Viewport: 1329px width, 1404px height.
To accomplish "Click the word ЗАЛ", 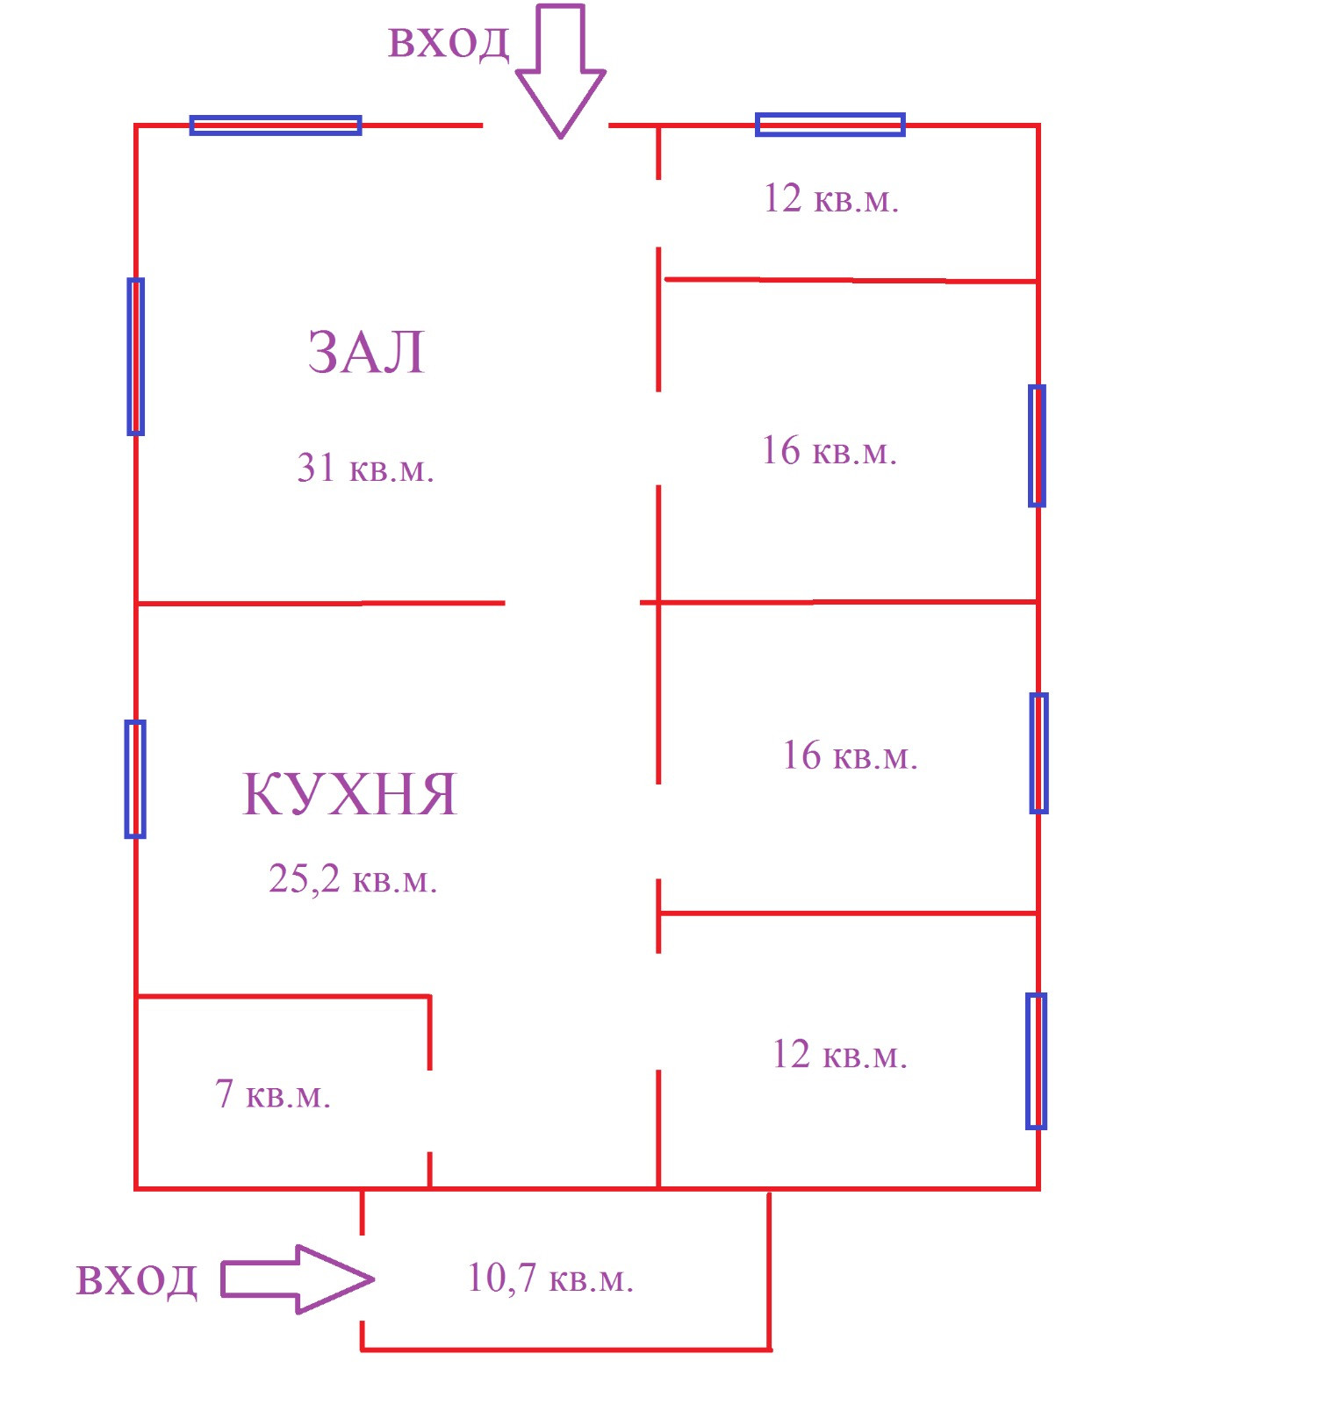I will pos(366,353).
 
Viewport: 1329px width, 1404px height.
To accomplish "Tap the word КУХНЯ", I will pos(349,794).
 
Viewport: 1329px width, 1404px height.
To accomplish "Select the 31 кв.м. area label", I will pos(365,469).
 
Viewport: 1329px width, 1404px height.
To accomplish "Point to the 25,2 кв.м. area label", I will pos(352,879).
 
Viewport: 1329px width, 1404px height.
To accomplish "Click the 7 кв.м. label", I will pos(272,1095).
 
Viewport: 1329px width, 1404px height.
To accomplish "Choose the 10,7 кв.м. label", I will pos(550,1279).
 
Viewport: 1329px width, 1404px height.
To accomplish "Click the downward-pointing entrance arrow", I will pos(561,70).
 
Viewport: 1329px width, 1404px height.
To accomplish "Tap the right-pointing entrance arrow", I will pos(297,1279).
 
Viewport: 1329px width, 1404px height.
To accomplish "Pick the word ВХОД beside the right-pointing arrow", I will pos(136,1280).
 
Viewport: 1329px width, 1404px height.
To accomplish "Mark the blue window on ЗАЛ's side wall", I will pos(136,356).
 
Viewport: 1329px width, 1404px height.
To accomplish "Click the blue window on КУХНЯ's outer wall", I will pos(135,779).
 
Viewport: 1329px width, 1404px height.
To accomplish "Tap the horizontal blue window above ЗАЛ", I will pos(276,125).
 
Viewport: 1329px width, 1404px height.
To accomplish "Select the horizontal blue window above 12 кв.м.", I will pos(830,125).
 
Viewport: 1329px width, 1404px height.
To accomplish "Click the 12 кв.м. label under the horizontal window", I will pos(830,199).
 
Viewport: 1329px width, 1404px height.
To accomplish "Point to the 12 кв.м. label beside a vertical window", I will pos(839,1055).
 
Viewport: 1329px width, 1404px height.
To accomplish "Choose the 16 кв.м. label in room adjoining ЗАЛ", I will pos(829,451).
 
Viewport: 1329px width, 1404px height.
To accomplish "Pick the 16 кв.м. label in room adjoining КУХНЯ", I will pos(850,756).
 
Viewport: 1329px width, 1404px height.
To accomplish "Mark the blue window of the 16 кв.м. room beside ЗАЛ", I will pos(1037,446).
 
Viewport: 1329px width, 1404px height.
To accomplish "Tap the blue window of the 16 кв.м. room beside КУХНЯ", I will pos(1038,753).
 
